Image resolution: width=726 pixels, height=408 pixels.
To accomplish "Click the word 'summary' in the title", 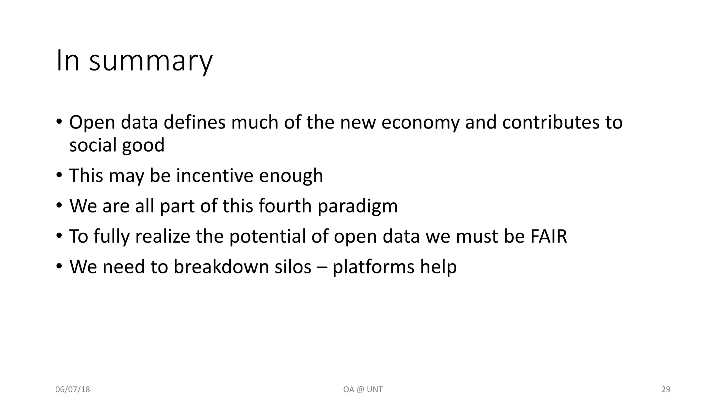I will click(151, 61).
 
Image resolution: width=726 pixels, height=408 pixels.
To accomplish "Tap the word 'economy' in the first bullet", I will click(420, 123).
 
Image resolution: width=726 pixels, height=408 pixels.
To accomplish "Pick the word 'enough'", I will click(291, 176).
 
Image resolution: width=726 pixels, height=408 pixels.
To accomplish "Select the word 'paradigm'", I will click(357, 206).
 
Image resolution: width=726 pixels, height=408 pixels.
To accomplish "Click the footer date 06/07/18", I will click(73, 390).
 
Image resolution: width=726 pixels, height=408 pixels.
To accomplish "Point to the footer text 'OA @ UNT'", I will click(363, 390).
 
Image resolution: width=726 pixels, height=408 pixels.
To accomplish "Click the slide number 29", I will click(666, 390).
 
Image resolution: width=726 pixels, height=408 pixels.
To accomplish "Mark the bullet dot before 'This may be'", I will click(59, 175).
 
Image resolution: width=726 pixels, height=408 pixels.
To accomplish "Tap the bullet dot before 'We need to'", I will click(59, 266).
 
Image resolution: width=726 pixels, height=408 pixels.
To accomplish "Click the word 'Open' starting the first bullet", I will click(92, 123).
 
